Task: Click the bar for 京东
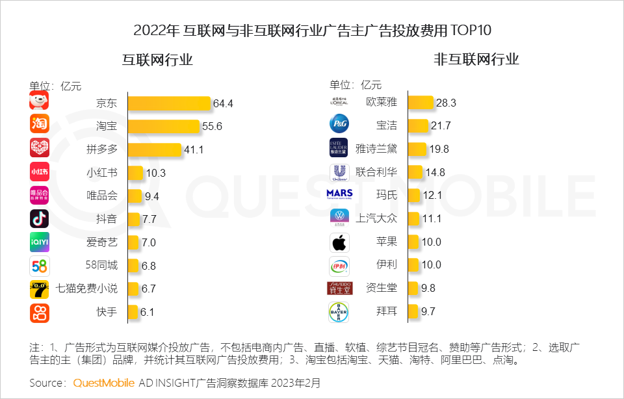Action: click(169, 103)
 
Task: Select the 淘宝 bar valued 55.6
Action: click(163, 126)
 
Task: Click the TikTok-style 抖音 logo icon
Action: click(40, 219)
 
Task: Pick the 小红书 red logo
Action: click(40, 172)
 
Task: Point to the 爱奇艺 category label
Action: click(102, 242)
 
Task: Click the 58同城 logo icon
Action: click(40, 266)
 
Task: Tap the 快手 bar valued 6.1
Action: click(133, 312)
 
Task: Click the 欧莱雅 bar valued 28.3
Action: click(421, 103)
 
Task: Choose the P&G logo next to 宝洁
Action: click(339, 124)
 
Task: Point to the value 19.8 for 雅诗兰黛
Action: click(439, 149)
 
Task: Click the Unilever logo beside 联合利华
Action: click(339, 172)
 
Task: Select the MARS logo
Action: click(339, 194)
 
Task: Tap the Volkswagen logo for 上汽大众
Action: click(339, 218)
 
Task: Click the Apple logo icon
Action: click(339, 242)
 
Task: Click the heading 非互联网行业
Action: click(476, 60)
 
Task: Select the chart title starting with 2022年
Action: click(313, 30)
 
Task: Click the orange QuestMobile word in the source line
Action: click(104, 382)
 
